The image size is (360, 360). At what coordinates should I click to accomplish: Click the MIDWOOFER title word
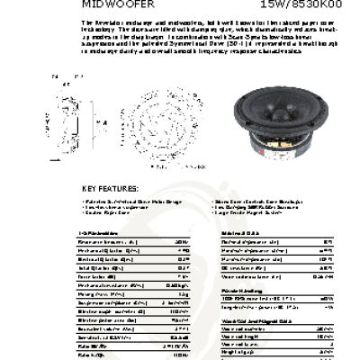pyautogui.click(x=112, y=4)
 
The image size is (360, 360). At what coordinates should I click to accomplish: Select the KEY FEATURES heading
pyautogui.click(x=112, y=187)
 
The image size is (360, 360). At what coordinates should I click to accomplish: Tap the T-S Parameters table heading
pyautogui.click(x=99, y=232)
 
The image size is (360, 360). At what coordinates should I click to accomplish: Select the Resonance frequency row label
pyautogui.click(x=104, y=242)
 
